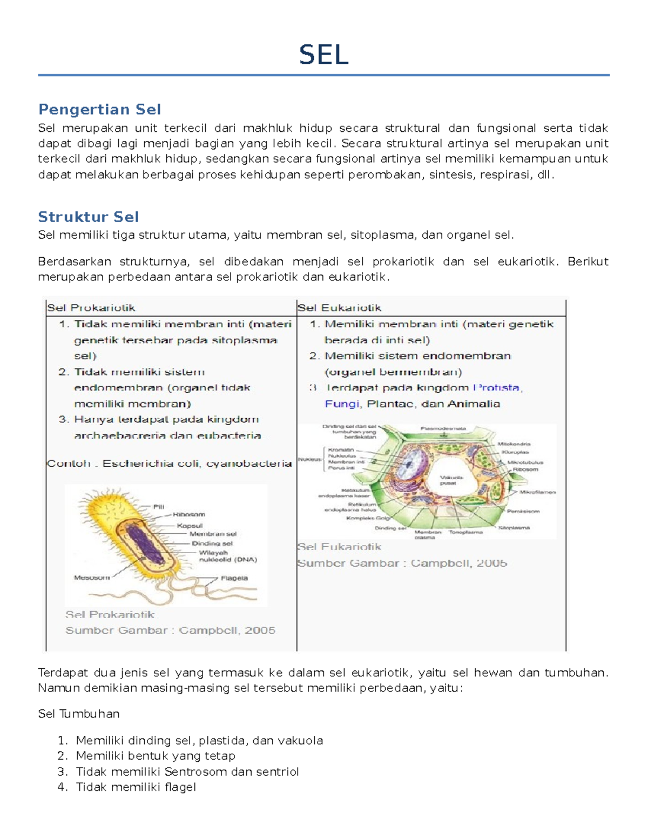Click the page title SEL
(x=324, y=55)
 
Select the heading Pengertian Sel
(x=99, y=110)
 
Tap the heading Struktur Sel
(x=89, y=217)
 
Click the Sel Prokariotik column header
(x=91, y=308)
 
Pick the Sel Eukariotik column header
(x=339, y=308)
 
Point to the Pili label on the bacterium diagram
(x=158, y=507)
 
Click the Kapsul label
(x=190, y=525)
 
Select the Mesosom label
(x=91, y=578)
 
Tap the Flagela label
(x=234, y=578)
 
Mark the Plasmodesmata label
(x=443, y=428)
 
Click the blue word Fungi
(x=342, y=404)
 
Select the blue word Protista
(x=496, y=388)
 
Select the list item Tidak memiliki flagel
(x=136, y=787)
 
